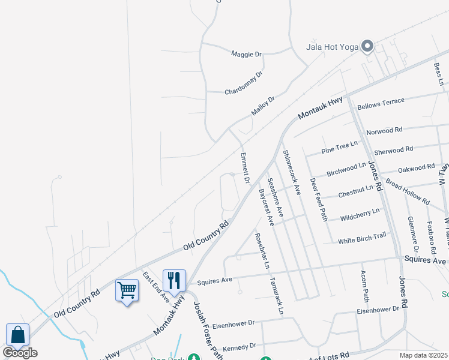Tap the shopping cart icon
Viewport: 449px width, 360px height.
tap(127, 290)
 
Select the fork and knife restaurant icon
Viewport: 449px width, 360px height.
tap(174, 280)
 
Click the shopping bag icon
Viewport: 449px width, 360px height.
tap(17, 335)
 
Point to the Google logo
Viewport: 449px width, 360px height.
tap(20, 353)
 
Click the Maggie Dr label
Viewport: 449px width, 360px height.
tap(247, 54)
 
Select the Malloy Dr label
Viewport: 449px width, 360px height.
tap(263, 106)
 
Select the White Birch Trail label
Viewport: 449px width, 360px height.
tap(362, 238)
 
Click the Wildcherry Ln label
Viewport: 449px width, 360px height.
tap(360, 214)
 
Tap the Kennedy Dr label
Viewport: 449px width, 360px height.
tap(239, 347)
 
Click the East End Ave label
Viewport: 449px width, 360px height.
tap(156, 286)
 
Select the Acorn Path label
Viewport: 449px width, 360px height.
tap(364, 286)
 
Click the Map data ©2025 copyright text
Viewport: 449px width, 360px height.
tap(422, 355)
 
